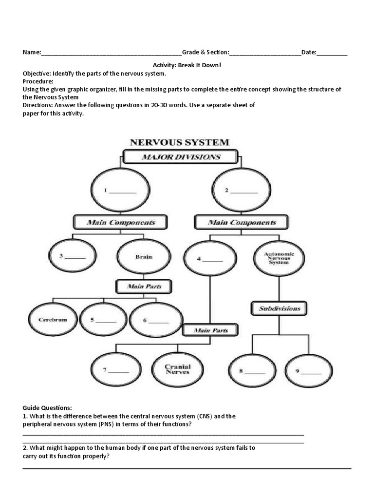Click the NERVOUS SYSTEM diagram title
(x=179, y=143)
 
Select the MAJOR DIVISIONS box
(x=181, y=157)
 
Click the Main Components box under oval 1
(x=121, y=222)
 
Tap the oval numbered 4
(x=210, y=259)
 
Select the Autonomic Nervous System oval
(x=276, y=258)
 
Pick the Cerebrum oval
(x=53, y=320)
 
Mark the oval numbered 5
(x=103, y=320)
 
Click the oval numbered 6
(x=156, y=320)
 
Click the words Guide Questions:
(x=47, y=407)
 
